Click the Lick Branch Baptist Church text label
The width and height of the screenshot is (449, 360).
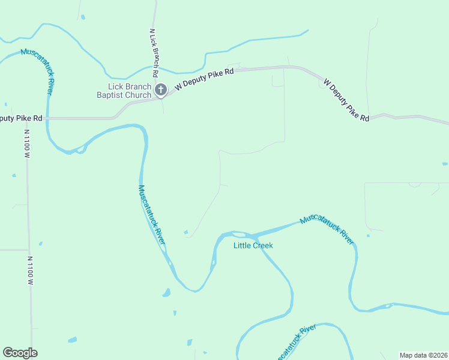124,91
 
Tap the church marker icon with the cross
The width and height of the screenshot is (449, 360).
161,91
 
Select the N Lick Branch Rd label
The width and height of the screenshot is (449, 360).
154,53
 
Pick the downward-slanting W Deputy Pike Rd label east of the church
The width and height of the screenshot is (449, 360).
346,100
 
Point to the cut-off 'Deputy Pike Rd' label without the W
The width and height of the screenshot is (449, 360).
21,118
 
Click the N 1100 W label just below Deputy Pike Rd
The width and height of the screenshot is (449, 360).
26,144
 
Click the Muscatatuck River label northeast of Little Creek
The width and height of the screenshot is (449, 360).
327,229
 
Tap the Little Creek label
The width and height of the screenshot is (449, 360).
253,245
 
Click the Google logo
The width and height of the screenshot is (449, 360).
20,353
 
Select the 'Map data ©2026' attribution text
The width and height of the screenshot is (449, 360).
423,355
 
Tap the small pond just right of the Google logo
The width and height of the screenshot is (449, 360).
72,340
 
